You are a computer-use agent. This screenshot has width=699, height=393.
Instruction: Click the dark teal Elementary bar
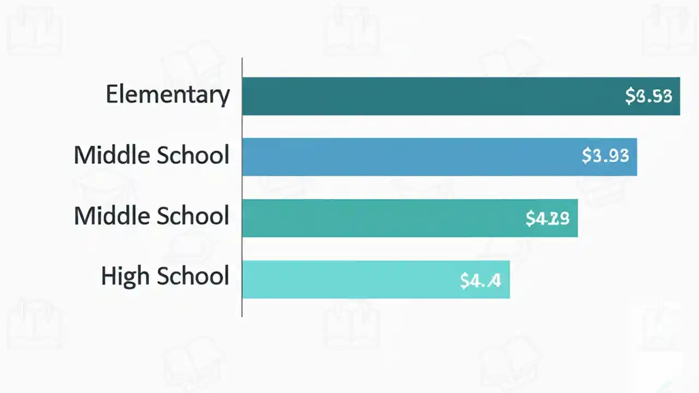click(426, 96)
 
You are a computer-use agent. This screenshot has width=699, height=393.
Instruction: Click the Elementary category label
click(168, 94)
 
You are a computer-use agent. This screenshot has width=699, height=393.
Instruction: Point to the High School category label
click(165, 276)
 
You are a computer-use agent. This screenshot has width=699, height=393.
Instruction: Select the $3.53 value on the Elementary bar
click(648, 96)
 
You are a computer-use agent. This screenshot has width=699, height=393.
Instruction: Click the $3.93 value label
click(605, 156)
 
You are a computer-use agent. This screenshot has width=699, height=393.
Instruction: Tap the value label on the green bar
click(547, 218)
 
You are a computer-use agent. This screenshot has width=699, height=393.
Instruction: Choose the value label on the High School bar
click(480, 281)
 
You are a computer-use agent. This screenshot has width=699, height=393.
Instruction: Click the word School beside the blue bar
click(193, 155)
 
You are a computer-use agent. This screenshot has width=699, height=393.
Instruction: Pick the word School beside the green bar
click(193, 216)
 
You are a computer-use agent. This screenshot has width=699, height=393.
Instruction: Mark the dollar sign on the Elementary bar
click(630, 96)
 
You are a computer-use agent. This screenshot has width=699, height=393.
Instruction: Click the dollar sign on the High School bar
click(465, 281)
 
